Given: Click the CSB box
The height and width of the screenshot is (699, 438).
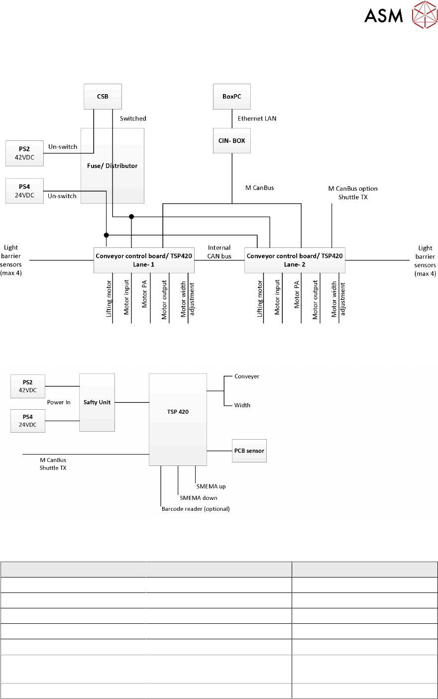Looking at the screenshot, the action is click(103, 97).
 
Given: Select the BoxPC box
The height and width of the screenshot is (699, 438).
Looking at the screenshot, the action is click(232, 97).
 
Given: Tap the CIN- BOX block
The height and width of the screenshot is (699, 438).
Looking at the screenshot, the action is click(232, 140).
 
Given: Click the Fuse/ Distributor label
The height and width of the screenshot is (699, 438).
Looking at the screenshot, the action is click(112, 166).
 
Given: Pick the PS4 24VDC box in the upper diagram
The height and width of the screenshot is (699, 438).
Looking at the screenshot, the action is click(24, 191).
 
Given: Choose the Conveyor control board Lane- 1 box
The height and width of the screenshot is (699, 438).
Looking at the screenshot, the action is click(144, 260).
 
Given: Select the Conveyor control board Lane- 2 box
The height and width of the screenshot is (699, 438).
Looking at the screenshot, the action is click(295, 260).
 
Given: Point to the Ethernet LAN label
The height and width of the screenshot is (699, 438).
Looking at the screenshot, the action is click(257, 118).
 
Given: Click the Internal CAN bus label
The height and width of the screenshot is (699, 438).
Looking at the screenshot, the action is click(219, 252).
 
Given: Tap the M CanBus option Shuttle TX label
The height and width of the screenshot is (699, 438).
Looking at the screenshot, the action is click(353, 193).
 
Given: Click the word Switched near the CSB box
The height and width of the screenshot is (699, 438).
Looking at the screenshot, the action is click(133, 118).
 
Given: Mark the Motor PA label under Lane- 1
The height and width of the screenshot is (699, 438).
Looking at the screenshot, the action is click(144, 294).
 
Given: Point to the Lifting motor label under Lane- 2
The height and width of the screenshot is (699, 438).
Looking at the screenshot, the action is click(259, 299).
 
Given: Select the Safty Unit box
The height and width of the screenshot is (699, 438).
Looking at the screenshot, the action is click(97, 402).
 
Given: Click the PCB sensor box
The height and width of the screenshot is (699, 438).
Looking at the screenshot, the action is click(249, 451).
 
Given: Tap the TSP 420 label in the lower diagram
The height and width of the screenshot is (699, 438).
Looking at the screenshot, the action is click(178, 412).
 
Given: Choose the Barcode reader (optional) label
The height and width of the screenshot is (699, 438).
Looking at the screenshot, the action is click(196, 509).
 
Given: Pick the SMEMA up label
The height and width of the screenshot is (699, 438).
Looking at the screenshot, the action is click(211, 486).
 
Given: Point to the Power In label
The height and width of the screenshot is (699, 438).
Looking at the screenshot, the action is click(59, 402).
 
